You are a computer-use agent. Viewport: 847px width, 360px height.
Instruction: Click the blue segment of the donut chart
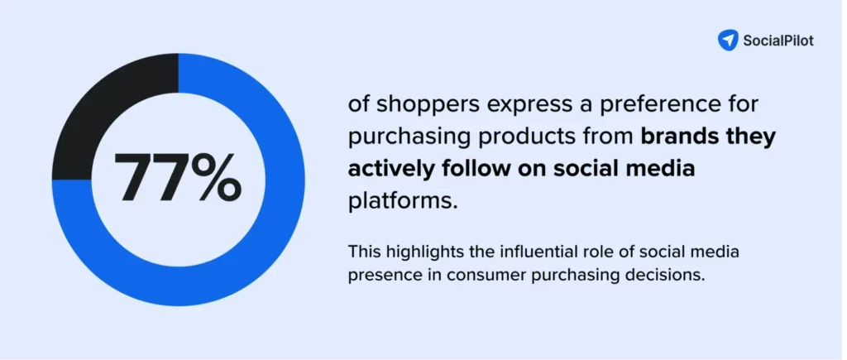[248, 248]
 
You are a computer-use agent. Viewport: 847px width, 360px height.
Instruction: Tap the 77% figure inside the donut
[177, 179]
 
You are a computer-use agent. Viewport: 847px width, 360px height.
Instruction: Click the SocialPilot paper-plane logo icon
[727, 40]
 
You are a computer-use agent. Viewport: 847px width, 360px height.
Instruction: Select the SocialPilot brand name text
[778, 41]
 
